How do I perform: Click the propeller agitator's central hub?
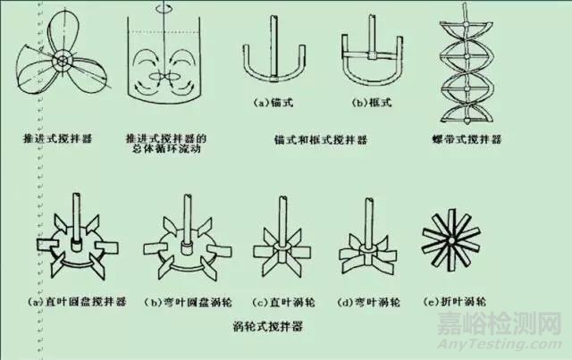[x=63, y=61]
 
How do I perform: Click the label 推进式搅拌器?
[x=60, y=140]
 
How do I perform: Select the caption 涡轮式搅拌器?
[x=269, y=328]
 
